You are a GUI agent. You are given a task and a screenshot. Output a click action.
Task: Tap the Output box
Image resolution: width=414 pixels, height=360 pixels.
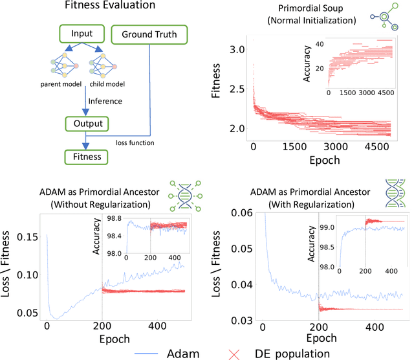86,123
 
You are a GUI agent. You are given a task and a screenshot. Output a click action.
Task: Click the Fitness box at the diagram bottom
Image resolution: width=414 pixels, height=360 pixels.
86,156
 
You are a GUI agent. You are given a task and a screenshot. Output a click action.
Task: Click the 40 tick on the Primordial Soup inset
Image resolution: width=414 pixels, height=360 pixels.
318,44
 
